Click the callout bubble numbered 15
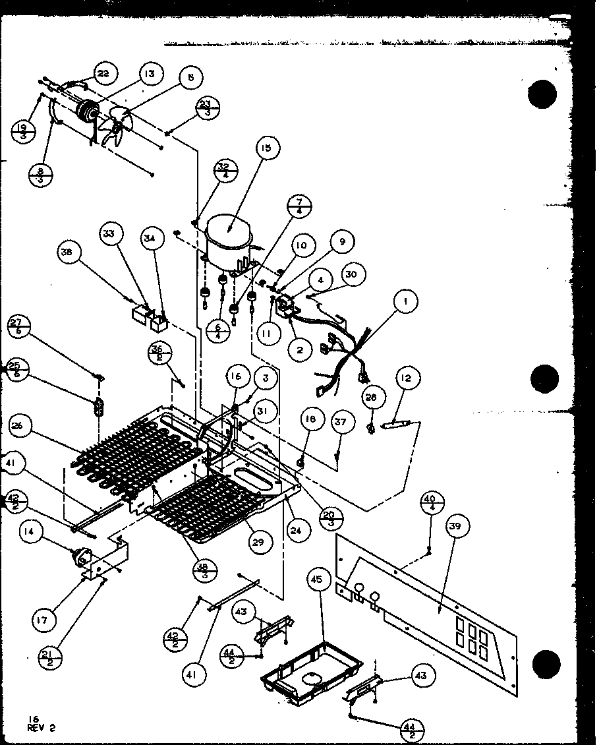[x=266, y=149]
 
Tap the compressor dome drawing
[x=228, y=239]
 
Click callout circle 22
[x=103, y=73]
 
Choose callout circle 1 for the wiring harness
[x=406, y=303]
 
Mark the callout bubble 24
[x=299, y=529]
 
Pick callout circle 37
[x=341, y=422]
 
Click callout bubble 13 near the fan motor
[x=151, y=74]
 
